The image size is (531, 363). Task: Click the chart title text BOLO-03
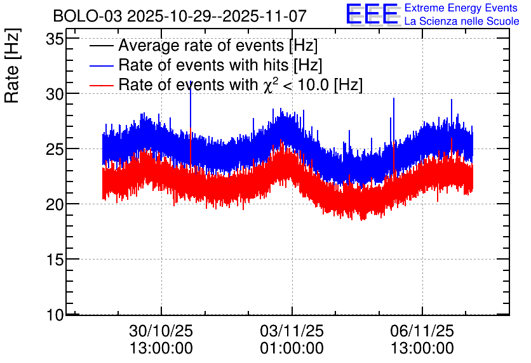coord(88,16)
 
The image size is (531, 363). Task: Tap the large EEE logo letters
coord(372,14)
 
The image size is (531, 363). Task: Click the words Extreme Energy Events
coord(461,8)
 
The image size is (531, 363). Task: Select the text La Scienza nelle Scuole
coord(462,21)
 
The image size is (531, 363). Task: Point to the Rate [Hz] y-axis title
coord(12,65)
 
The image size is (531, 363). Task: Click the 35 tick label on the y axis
coord(55,39)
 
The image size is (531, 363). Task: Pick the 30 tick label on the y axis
coord(55,95)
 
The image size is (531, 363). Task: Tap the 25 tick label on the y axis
coord(55,149)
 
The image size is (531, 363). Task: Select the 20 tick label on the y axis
coord(55,204)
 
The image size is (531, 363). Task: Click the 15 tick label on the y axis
coord(55,260)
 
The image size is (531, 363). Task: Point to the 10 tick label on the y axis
coord(55,315)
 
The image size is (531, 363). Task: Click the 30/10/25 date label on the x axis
coord(161,331)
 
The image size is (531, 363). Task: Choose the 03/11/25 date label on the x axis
coord(292,331)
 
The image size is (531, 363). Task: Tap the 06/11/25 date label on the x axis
coord(422,331)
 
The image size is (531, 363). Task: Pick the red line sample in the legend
coord(101,85)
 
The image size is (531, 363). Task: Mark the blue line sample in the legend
coord(101,65)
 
